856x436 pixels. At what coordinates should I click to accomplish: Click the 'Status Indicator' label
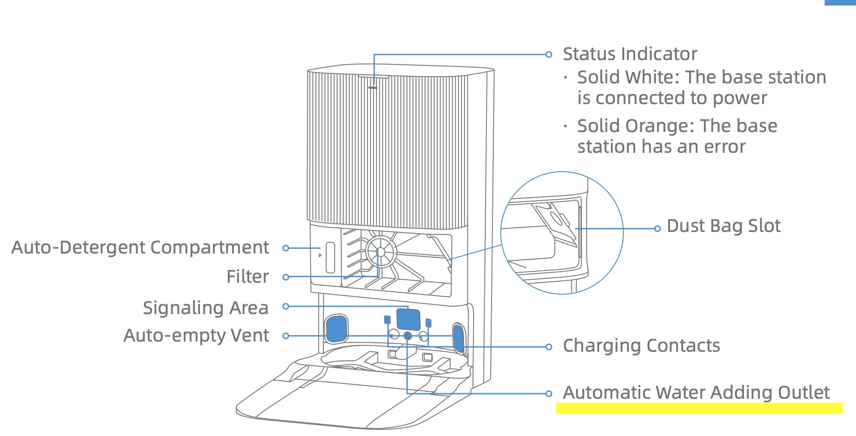click(630, 54)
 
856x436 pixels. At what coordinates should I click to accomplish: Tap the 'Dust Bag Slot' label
click(723, 226)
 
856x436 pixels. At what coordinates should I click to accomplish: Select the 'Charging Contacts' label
click(641, 346)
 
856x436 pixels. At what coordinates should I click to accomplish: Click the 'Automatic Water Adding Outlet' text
click(696, 392)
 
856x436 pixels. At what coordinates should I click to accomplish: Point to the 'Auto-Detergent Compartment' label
click(140, 248)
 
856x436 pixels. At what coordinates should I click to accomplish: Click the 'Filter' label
click(248, 277)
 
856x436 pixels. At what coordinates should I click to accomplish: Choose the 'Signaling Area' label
click(206, 308)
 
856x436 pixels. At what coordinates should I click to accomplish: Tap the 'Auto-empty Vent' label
click(196, 336)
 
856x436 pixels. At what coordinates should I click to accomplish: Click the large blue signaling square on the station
click(408, 319)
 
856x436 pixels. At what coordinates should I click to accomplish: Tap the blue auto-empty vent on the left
click(336, 328)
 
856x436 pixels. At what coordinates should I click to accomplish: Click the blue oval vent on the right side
click(459, 338)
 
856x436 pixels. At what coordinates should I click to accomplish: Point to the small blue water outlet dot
click(408, 336)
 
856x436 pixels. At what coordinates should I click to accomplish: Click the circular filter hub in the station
click(381, 252)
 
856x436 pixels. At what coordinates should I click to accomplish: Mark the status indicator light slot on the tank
click(373, 88)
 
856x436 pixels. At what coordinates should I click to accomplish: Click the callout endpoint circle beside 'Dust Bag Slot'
click(657, 229)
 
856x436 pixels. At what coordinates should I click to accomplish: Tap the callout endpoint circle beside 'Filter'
click(286, 277)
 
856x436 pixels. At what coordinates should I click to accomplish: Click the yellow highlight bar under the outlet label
click(699, 408)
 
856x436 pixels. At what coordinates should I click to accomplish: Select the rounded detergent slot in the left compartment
click(330, 257)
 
